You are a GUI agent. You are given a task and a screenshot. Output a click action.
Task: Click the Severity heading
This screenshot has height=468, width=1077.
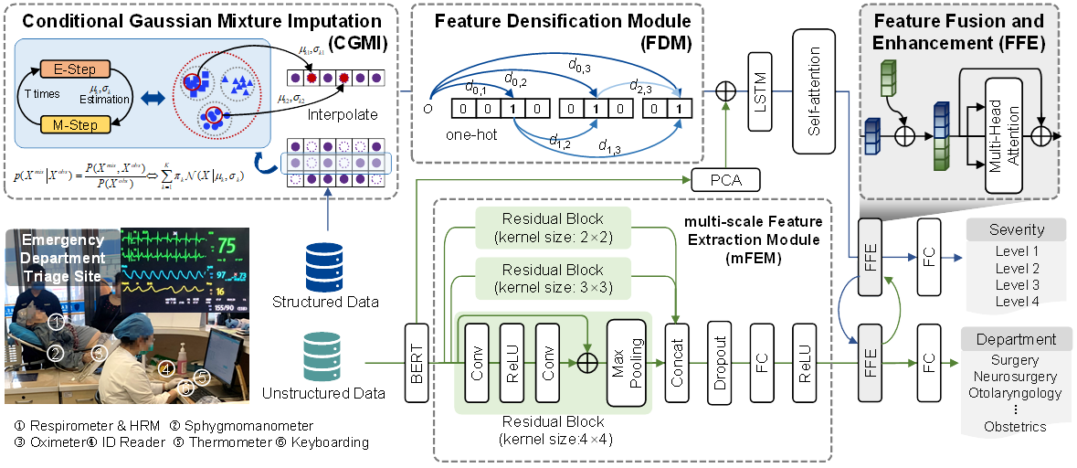1016,229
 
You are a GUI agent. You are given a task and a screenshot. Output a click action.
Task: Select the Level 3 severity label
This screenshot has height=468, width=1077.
1016,283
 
